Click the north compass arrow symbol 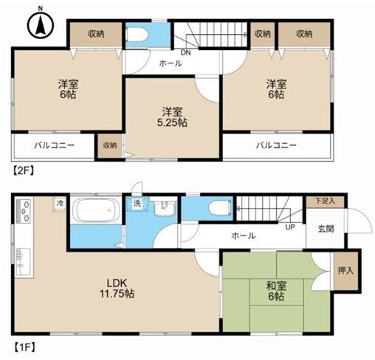click(x=41, y=24)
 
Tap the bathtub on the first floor click(x=95, y=210)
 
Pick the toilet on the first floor click(x=220, y=209)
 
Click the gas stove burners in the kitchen click(x=24, y=211)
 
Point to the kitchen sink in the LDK click(x=23, y=261)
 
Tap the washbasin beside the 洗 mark click(x=164, y=208)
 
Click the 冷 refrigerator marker click(x=59, y=204)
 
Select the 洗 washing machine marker click(x=137, y=204)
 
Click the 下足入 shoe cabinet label click(x=325, y=201)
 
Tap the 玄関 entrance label click(x=326, y=229)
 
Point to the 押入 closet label click(x=345, y=271)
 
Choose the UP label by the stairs click(x=290, y=227)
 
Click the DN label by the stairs click(x=186, y=52)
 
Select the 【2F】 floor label click(x=23, y=170)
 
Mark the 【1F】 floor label click(x=24, y=347)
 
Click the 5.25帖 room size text click(x=172, y=122)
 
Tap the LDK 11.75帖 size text click(x=117, y=288)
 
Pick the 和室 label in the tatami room click(x=276, y=285)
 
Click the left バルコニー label click(x=54, y=145)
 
